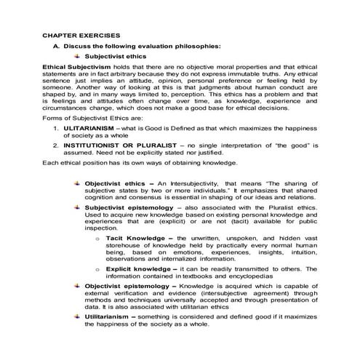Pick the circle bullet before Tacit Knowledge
pos(97,239)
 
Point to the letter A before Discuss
pos(56,45)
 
